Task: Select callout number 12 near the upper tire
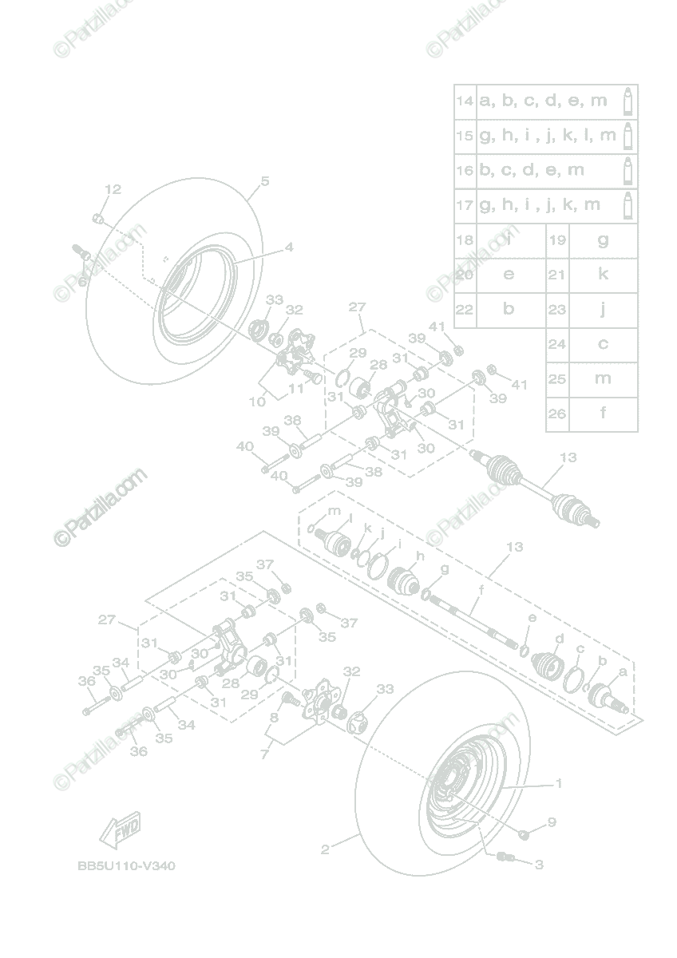pyautogui.click(x=113, y=189)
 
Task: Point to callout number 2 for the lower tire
pyautogui.click(x=325, y=849)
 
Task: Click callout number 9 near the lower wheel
pyautogui.click(x=552, y=821)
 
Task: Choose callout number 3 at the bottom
pyautogui.click(x=539, y=865)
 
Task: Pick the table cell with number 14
pyautogui.click(x=465, y=101)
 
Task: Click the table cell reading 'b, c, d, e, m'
pyautogui.click(x=532, y=170)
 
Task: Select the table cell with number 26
pyautogui.click(x=556, y=414)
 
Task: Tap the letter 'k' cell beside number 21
pyautogui.click(x=604, y=275)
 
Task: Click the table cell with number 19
pyautogui.click(x=556, y=240)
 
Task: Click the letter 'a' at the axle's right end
pyautogui.click(x=622, y=673)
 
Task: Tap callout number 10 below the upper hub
pyautogui.click(x=257, y=402)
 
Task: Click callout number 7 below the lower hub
pyautogui.click(x=264, y=754)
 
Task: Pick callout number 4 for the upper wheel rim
pyautogui.click(x=289, y=247)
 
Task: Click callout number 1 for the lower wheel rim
pyautogui.click(x=559, y=783)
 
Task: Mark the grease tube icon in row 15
pyautogui.click(x=628, y=136)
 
